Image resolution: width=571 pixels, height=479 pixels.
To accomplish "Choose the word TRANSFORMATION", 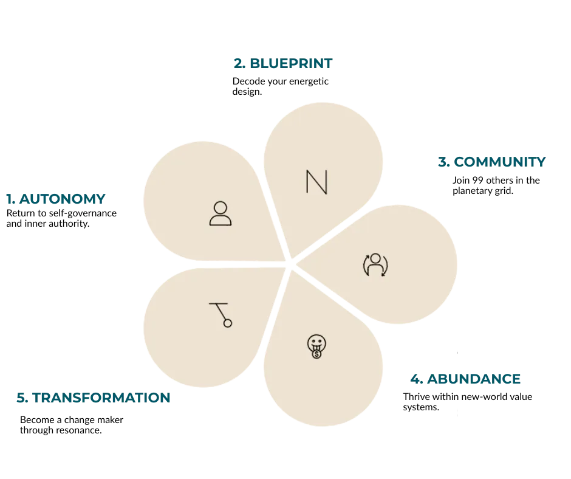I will [x=100, y=398].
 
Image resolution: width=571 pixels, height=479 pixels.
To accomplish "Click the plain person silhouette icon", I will [x=220, y=213].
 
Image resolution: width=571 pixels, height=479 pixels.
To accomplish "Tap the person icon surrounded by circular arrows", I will [x=375, y=264].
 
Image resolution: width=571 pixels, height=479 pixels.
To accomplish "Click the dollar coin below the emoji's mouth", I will [x=316, y=353].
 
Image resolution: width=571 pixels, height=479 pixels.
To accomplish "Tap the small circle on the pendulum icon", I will [x=228, y=323].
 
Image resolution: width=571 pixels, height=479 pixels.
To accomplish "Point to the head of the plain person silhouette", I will [x=220, y=207].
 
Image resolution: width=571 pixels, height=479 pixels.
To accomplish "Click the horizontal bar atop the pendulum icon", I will [x=217, y=303].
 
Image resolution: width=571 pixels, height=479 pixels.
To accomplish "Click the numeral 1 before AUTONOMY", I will [x=9, y=198].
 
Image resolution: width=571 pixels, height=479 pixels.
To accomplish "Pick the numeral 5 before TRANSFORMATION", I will [x=21, y=398].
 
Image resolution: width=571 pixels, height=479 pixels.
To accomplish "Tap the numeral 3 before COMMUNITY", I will [x=443, y=162].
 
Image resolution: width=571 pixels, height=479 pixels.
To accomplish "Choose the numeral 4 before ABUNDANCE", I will [x=415, y=378].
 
